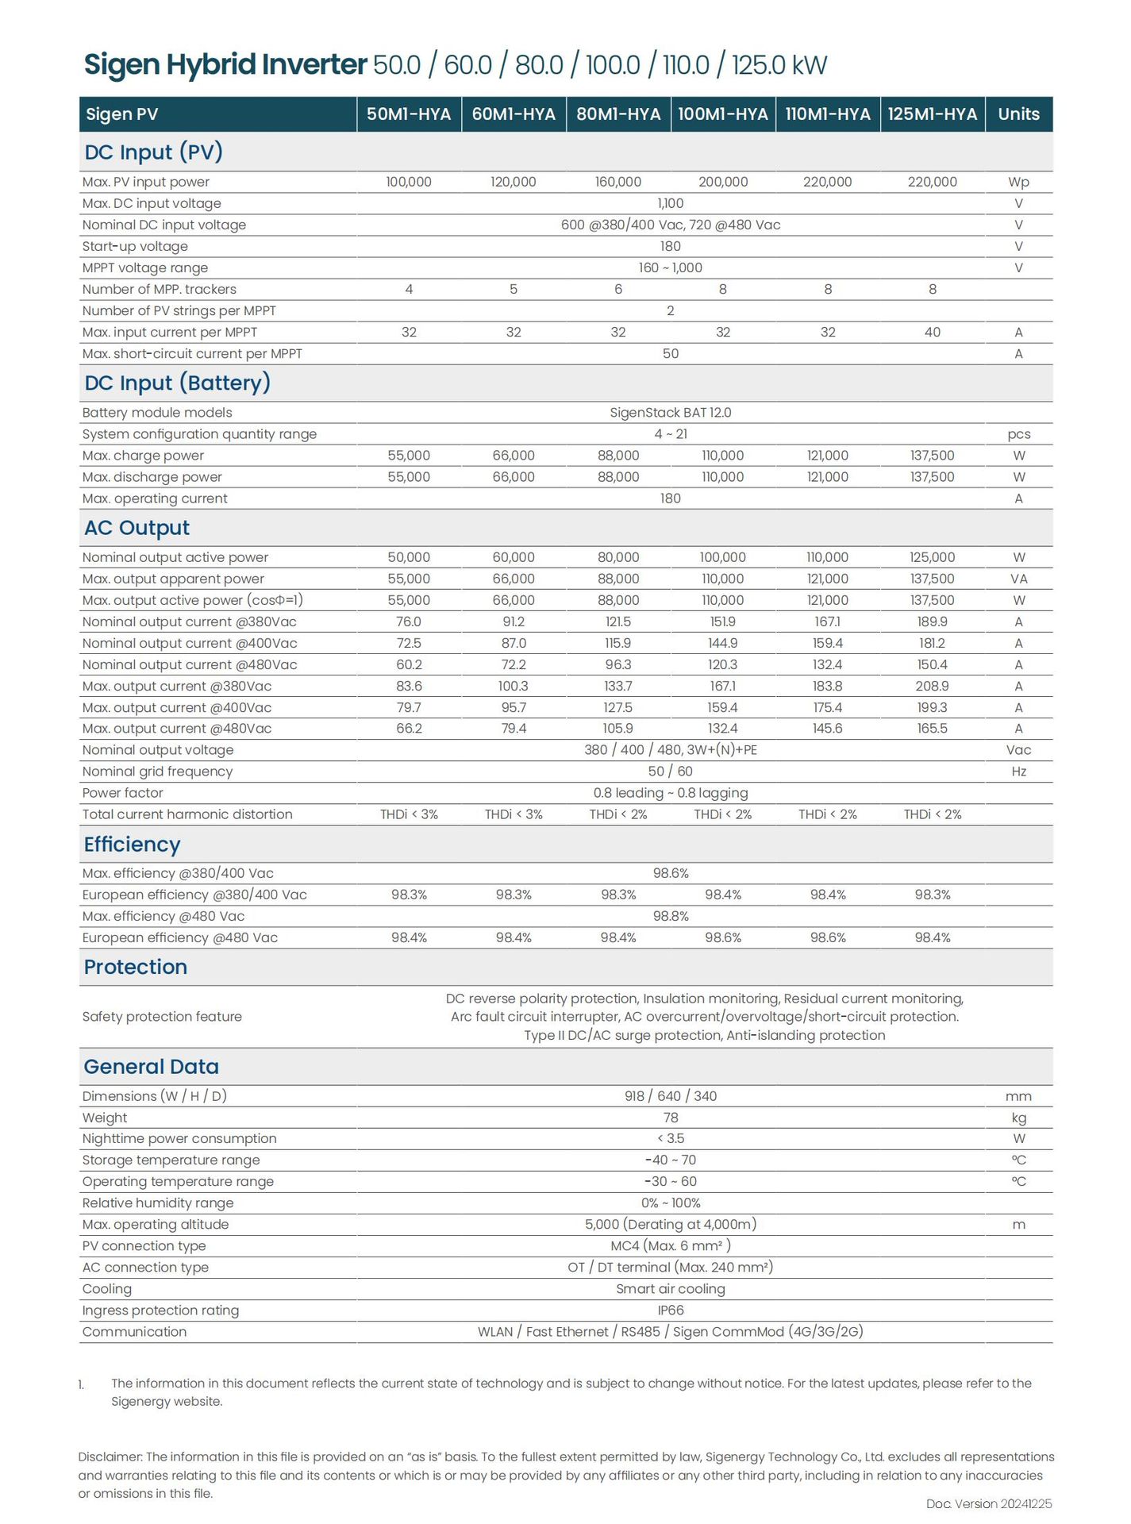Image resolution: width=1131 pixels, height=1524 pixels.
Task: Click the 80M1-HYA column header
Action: (618, 114)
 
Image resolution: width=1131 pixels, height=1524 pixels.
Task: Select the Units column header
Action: (1018, 114)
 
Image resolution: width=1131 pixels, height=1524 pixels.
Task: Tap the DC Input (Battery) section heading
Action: (177, 383)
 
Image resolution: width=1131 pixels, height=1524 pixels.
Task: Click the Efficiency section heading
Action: (132, 845)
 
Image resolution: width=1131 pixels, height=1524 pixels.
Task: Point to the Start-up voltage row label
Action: (135, 247)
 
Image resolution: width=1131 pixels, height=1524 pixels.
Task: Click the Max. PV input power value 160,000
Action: (618, 182)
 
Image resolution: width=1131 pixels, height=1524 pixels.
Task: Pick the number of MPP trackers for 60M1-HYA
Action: (514, 290)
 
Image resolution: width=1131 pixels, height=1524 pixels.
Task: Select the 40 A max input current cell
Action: (933, 333)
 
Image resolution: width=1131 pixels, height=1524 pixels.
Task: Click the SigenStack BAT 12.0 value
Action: (671, 413)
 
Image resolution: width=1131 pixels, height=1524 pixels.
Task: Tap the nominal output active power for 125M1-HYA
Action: (933, 558)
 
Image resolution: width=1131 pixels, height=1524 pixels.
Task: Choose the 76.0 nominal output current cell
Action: (409, 622)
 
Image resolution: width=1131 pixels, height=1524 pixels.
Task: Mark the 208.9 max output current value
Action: (933, 687)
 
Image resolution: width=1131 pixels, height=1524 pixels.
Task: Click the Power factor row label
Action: (123, 793)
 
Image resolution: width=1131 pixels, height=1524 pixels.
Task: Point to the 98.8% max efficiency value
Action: (671, 917)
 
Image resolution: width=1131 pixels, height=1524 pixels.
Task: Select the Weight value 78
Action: (671, 1118)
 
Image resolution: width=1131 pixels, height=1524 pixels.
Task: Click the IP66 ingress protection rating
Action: (671, 1310)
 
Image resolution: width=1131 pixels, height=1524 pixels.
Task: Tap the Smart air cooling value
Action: (671, 1289)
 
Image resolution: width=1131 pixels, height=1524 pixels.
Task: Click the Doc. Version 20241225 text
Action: (989, 1504)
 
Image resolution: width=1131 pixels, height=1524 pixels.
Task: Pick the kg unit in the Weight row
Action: (1018, 1118)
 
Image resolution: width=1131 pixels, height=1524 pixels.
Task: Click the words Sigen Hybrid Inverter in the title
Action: (225, 65)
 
